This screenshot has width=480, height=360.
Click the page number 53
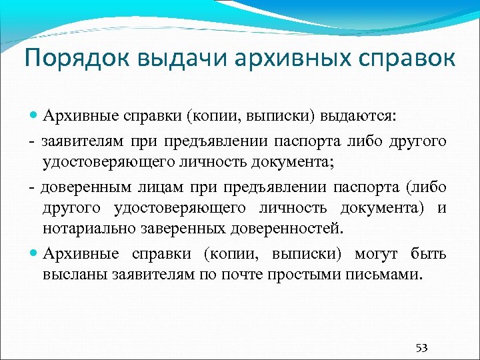tap(421, 347)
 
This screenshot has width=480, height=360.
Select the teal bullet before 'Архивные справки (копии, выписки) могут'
tap(35, 254)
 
